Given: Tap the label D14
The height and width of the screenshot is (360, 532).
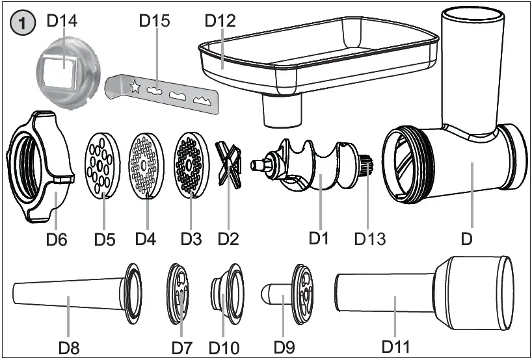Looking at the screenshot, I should point(62,20).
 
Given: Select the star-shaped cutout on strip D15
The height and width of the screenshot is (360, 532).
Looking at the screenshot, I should point(135,86).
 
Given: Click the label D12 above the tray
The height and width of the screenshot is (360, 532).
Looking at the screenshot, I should point(220,20).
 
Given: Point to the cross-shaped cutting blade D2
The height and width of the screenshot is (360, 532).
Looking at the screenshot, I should point(229,165).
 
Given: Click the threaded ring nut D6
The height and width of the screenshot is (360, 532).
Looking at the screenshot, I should point(39,166).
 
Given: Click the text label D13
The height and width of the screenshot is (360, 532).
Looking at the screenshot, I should point(370,238).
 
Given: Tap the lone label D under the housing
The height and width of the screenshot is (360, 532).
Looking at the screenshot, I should point(466,238).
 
